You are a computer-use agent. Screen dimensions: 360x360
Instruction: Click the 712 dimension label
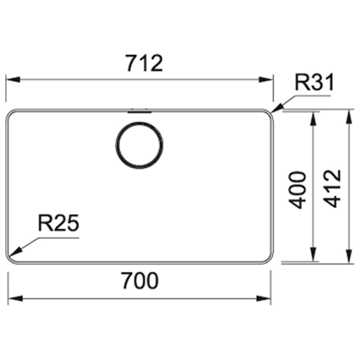145,63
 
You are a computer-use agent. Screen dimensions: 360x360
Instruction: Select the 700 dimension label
140,281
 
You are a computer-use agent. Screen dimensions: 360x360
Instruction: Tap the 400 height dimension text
298,190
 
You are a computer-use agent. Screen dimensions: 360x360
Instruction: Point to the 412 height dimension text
332,188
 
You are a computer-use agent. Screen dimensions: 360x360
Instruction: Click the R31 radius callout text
314,82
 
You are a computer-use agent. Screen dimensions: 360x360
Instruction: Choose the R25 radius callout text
59,223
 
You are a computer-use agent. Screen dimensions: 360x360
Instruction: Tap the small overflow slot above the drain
139,112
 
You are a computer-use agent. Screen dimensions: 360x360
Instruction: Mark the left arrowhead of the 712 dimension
13,80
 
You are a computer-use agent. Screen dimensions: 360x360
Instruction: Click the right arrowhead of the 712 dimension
266,80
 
